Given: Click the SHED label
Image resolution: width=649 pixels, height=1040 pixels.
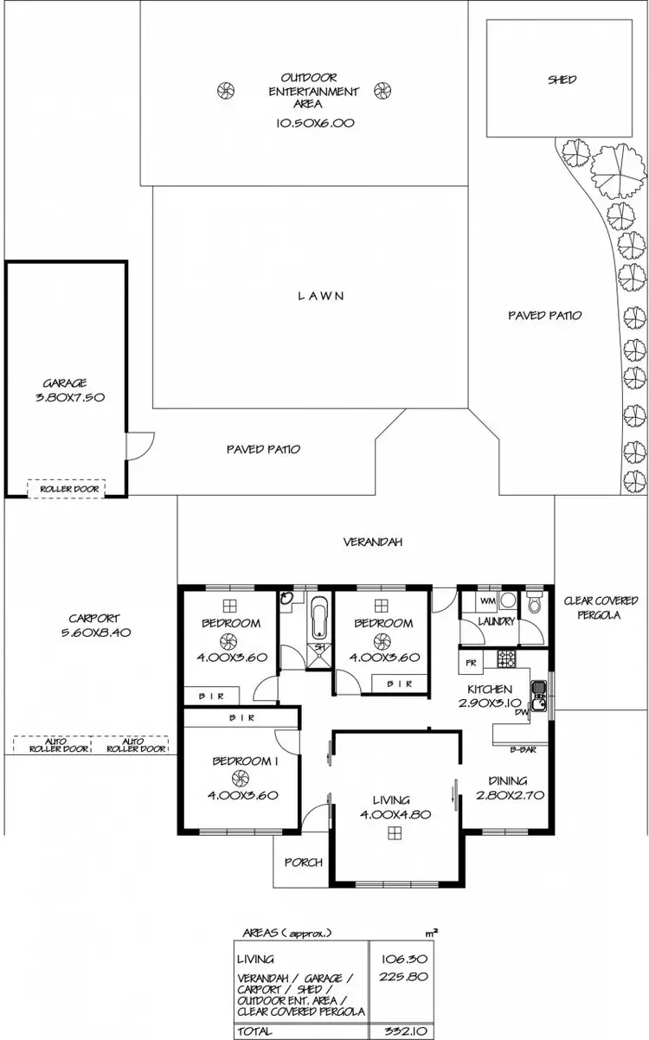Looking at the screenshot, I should pyautogui.click(x=562, y=80).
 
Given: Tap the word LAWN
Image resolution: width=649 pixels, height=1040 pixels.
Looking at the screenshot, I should pyautogui.click(x=321, y=296).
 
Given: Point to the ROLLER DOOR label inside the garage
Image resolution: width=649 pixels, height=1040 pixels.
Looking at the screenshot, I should pyautogui.click(x=66, y=489).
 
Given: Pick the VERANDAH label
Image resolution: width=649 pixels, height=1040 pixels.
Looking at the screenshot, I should pyautogui.click(x=373, y=542).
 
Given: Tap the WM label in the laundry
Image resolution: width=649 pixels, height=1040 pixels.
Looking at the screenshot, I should pyautogui.click(x=485, y=600).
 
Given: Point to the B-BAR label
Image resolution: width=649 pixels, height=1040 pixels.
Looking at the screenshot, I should pyautogui.click(x=521, y=750).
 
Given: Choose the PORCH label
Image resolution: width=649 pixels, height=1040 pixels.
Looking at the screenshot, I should pyautogui.click(x=303, y=862).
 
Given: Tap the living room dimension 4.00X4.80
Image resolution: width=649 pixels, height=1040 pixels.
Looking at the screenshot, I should pyautogui.click(x=395, y=814).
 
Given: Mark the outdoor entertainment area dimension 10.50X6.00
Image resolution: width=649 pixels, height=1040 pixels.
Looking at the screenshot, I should pyautogui.click(x=315, y=123).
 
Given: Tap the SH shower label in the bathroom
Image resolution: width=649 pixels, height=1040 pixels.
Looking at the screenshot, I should pyautogui.click(x=319, y=646).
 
